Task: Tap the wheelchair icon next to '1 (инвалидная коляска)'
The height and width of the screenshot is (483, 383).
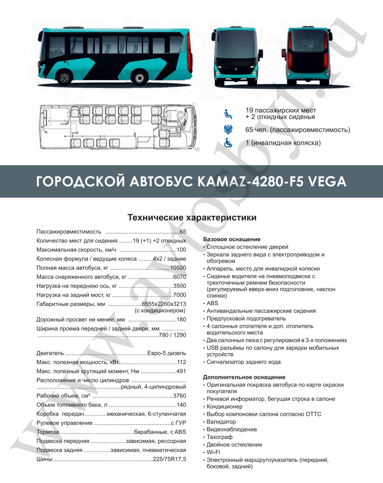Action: [x=228, y=143]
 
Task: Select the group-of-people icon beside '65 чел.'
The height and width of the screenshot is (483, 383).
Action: [x=228, y=130]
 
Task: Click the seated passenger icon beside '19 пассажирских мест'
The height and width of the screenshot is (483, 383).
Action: [x=228, y=114]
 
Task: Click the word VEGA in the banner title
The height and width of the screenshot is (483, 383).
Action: [x=327, y=182]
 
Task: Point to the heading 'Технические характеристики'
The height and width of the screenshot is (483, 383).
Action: [x=192, y=218]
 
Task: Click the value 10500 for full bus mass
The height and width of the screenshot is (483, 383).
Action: [x=178, y=268]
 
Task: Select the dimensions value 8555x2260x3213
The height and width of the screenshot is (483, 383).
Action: [x=164, y=304]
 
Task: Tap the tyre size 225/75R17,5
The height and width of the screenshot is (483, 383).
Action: [x=169, y=459]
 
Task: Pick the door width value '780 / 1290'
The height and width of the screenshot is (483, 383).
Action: [x=173, y=335]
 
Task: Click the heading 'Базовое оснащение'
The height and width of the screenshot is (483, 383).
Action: [x=232, y=239]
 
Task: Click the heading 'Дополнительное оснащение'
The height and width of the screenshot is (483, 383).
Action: [x=244, y=377]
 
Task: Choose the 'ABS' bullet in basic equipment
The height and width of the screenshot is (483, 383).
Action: [x=212, y=303]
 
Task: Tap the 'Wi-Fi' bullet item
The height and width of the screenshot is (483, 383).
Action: [x=213, y=452]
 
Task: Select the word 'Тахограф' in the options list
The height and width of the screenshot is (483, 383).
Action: [x=220, y=437]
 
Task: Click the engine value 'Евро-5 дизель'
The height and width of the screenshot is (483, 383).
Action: [x=167, y=353]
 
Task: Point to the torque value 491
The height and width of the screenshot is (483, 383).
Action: [x=181, y=371]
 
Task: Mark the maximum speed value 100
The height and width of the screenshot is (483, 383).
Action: [x=181, y=250]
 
